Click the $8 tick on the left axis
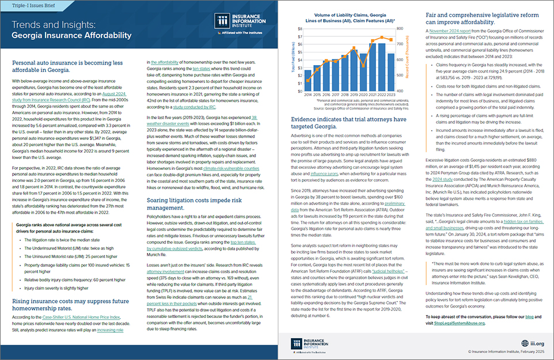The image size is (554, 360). (299, 28)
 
